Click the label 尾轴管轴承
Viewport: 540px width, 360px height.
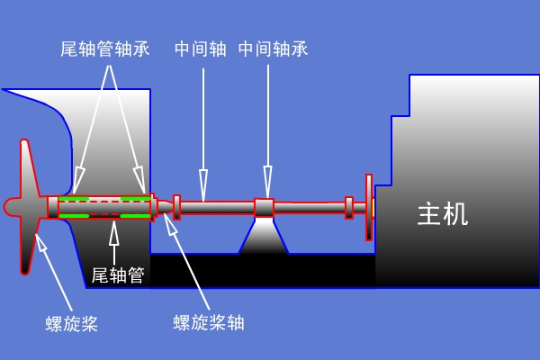[x=105, y=49]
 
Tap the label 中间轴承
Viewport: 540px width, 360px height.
[x=273, y=49]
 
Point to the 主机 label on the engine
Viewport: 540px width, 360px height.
[x=443, y=214]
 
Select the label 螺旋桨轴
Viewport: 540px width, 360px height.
[x=209, y=322]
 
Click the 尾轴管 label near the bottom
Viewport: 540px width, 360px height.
[x=118, y=274]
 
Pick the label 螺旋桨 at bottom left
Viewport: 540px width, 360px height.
[x=72, y=323]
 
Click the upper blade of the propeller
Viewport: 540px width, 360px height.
[x=28, y=168]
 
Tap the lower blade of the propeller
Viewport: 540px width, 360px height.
[x=28, y=246]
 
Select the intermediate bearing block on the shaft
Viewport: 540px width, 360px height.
[x=264, y=208]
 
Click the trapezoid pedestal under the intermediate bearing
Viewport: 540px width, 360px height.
[x=264, y=236]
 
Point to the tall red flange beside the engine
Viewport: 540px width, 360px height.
[x=369, y=207]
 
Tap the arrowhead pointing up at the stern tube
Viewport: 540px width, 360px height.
[x=114, y=233]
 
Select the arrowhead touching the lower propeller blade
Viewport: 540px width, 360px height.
[x=41, y=242]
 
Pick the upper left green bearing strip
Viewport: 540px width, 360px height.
[x=74, y=199]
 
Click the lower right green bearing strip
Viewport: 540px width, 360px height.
[x=136, y=216]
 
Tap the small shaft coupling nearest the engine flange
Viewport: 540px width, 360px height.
[x=349, y=208]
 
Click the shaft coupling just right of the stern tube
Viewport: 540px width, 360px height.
[x=176, y=207]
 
